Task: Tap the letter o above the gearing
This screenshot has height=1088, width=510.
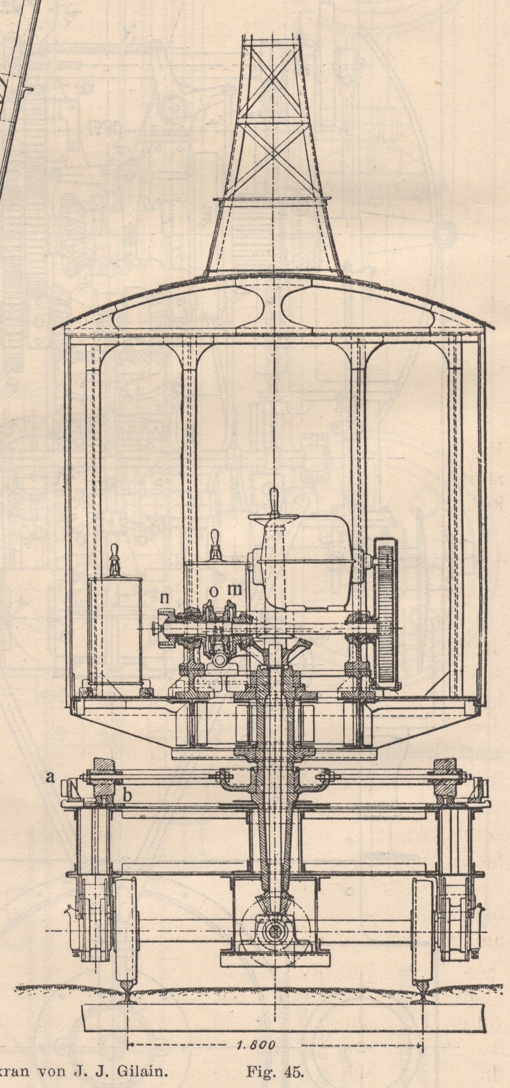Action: [214, 592]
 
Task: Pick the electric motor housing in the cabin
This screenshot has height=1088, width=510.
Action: [306, 562]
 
